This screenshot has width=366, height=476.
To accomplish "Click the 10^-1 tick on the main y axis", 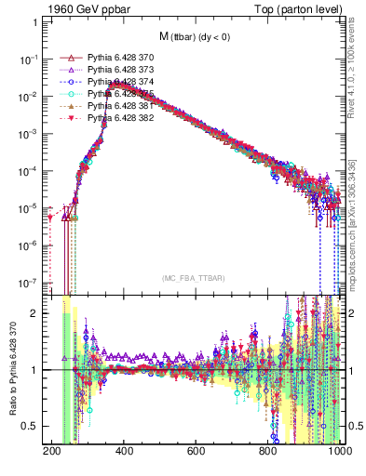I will pos(30,59).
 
